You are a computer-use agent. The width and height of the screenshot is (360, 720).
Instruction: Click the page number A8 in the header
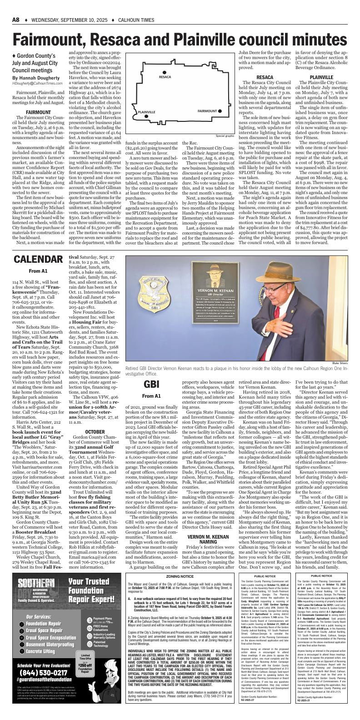17,7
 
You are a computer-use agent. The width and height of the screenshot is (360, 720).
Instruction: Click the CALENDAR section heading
38,259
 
